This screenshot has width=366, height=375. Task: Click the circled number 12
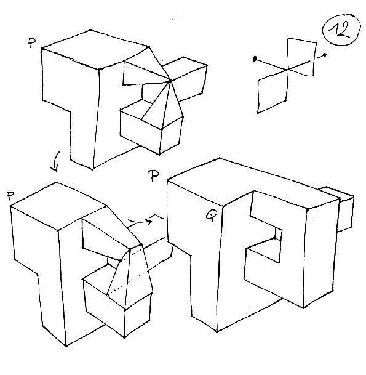pos(341,30)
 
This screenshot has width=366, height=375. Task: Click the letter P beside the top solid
pos(31,43)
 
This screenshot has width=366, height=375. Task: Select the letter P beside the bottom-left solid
pos(10,195)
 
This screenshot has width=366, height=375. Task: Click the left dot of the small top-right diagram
pos(255,58)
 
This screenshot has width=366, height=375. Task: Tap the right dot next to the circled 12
pos(324,55)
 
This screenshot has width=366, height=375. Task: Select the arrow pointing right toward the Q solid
pos(140,221)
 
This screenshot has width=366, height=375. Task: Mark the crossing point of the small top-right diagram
pos(288,70)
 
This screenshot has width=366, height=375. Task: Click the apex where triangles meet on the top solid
pos(170,81)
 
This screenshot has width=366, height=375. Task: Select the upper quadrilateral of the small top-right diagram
pos(301,56)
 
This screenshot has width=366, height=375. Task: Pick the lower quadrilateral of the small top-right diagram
pos(273,93)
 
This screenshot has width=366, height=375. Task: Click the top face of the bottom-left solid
pos(58,206)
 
